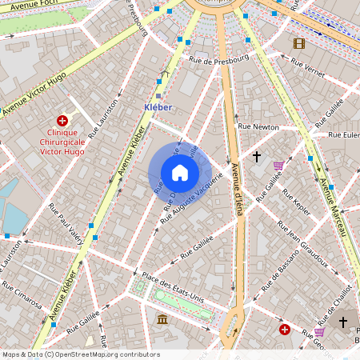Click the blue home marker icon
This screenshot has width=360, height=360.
tap(180, 172)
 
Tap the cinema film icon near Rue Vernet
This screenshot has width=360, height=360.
tap(299, 43)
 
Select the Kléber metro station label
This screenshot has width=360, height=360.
tap(158, 106)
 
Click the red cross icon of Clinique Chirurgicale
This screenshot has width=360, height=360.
tap(62, 120)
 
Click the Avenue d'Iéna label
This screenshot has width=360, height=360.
tap(237, 190)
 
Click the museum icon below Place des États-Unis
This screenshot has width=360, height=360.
tap(162, 320)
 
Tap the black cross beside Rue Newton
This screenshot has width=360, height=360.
tap(257, 156)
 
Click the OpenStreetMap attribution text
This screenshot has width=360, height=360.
tap(80, 354)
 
